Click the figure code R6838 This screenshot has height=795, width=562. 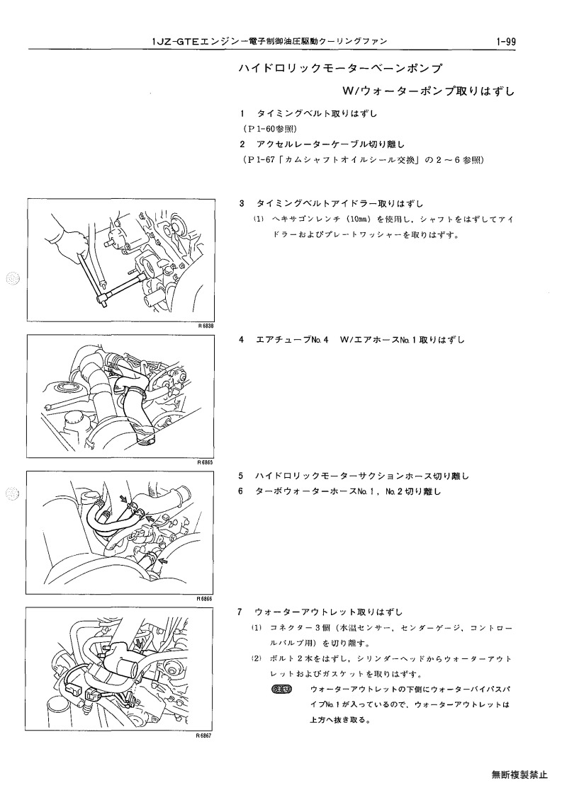click(x=207, y=326)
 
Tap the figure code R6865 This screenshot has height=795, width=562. click(x=206, y=462)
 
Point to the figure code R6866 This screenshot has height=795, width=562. click(x=205, y=599)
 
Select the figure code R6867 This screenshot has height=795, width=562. click(x=203, y=735)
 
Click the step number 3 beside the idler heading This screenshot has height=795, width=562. click(x=242, y=204)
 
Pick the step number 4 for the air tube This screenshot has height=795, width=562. click(x=242, y=340)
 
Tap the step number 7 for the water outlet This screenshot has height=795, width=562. click(x=240, y=612)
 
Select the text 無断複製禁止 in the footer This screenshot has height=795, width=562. click(x=519, y=774)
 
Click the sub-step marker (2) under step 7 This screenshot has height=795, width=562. click(x=257, y=659)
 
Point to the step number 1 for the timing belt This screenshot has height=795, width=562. click(x=243, y=113)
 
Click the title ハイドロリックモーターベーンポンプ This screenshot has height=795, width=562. click(x=340, y=68)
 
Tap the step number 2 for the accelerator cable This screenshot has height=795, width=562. click(x=243, y=144)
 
